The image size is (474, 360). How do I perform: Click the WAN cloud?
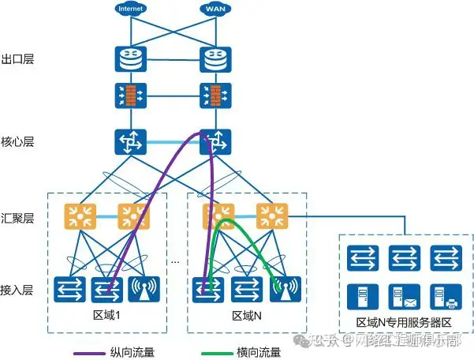tap(212, 9)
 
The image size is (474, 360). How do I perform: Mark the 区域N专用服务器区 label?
tap(403, 322)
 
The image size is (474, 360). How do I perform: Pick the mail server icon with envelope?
tap(403, 296)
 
